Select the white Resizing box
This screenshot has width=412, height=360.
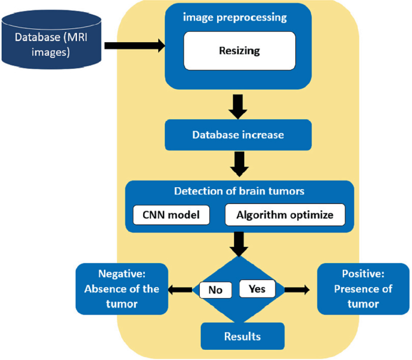pos(239,51)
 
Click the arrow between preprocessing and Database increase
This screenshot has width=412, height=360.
pos(239,107)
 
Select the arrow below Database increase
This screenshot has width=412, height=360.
pos(239,162)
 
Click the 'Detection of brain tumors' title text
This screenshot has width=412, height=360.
pos(239,192)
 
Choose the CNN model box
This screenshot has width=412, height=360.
pos(171,214)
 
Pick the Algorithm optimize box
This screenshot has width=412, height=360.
pos(285,214)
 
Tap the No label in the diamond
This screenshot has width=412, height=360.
pos(215,290)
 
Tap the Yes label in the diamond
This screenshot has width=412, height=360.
pos(257,288)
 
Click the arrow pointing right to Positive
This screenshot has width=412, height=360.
pos(297,290)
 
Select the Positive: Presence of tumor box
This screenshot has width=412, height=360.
pos(363,288)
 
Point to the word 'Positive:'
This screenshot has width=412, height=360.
pos(363,274)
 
